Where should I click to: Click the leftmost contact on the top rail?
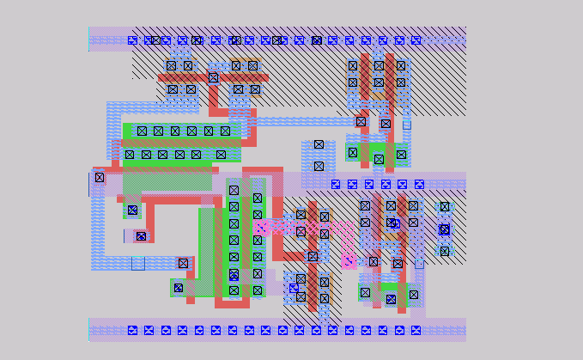point(132,40)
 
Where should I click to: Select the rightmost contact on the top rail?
point(416,40)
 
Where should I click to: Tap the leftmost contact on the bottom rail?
point(132,330)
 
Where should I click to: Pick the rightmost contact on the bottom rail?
point(416,330)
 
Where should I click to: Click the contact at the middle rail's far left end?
point(100,178)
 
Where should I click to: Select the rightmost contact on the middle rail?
point(419,184)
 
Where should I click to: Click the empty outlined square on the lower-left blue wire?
point(137,263)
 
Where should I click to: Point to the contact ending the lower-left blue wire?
point(183,263)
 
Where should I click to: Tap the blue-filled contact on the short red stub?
point(141,235)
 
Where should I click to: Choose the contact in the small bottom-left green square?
point(179,288)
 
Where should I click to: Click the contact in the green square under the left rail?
point(132,210)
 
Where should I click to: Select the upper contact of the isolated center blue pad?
point(319,144)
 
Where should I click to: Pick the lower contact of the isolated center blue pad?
point(319,166)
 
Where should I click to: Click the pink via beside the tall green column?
point(262,227)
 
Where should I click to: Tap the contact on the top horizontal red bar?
point(213,77)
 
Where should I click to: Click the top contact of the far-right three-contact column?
point(444,207)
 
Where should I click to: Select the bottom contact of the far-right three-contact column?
point(444,251)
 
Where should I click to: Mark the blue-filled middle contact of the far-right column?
point(444,229)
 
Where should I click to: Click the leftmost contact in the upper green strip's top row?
point(142,131)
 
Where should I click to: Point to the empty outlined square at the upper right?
point(406,125)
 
